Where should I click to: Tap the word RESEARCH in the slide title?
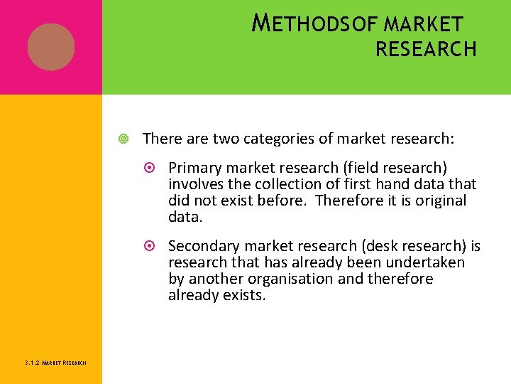click(x=426, y=50)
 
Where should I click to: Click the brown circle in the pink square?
click(x=51, y=47)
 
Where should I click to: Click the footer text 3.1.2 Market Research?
click(x=55, y=363)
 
